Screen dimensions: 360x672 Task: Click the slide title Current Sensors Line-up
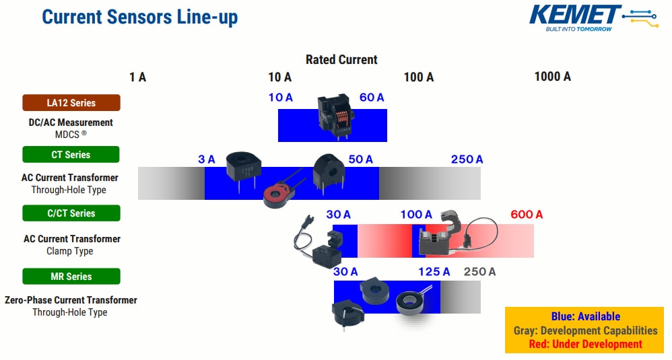coord(139,17)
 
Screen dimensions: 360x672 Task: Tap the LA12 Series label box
coord(71,103)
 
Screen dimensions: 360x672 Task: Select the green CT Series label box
coord(71,155)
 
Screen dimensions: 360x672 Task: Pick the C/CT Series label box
coord(71,213)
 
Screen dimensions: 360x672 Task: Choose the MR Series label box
coord(71,277)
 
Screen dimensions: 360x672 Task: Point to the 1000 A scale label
coord(552,77)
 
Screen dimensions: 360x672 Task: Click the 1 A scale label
coord(137,77)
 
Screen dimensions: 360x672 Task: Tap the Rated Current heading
coord(341,59)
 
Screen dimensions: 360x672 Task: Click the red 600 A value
coord(527,215)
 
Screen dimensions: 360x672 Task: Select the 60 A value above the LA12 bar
coord(372,98)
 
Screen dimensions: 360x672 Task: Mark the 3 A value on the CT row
coord(206,159)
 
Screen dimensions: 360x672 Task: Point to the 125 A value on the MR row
coord(434,272)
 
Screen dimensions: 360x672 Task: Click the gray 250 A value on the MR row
coord(479,272)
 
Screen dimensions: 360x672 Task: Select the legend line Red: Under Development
coord(584,344)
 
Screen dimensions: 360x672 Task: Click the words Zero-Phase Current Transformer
coord(71,300)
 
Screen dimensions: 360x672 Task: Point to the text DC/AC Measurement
coord(70,122)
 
